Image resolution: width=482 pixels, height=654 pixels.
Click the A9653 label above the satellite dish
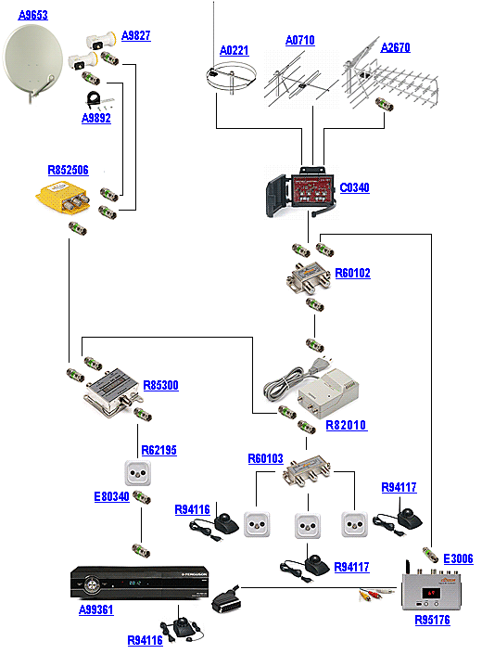(x=33, y=15)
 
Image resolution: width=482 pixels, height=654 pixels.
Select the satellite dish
(x=33, y=62)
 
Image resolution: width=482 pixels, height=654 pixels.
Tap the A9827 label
(x=136, y=35)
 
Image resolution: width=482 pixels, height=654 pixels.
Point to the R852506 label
(x=68, y=170)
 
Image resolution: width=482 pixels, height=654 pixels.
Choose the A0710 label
(x=300, y=40)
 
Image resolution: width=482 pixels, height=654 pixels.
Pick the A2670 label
(x=396, y=47)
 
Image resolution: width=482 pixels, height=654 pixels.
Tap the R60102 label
(x=352, y=273)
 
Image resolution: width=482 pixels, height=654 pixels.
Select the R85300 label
(x=160, y=385)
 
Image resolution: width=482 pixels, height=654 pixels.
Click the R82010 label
(x=346, y=425)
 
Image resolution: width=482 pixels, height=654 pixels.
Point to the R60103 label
(x=265, y=459)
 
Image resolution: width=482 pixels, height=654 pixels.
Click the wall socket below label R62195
(x=137, y=472)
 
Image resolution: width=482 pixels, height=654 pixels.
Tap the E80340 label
(x=111, y=496)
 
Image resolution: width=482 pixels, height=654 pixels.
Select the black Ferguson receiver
(x=140, y=583)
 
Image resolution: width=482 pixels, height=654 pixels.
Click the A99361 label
(x=95, y=609)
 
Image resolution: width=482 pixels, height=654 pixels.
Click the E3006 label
(x=458, y=558)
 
